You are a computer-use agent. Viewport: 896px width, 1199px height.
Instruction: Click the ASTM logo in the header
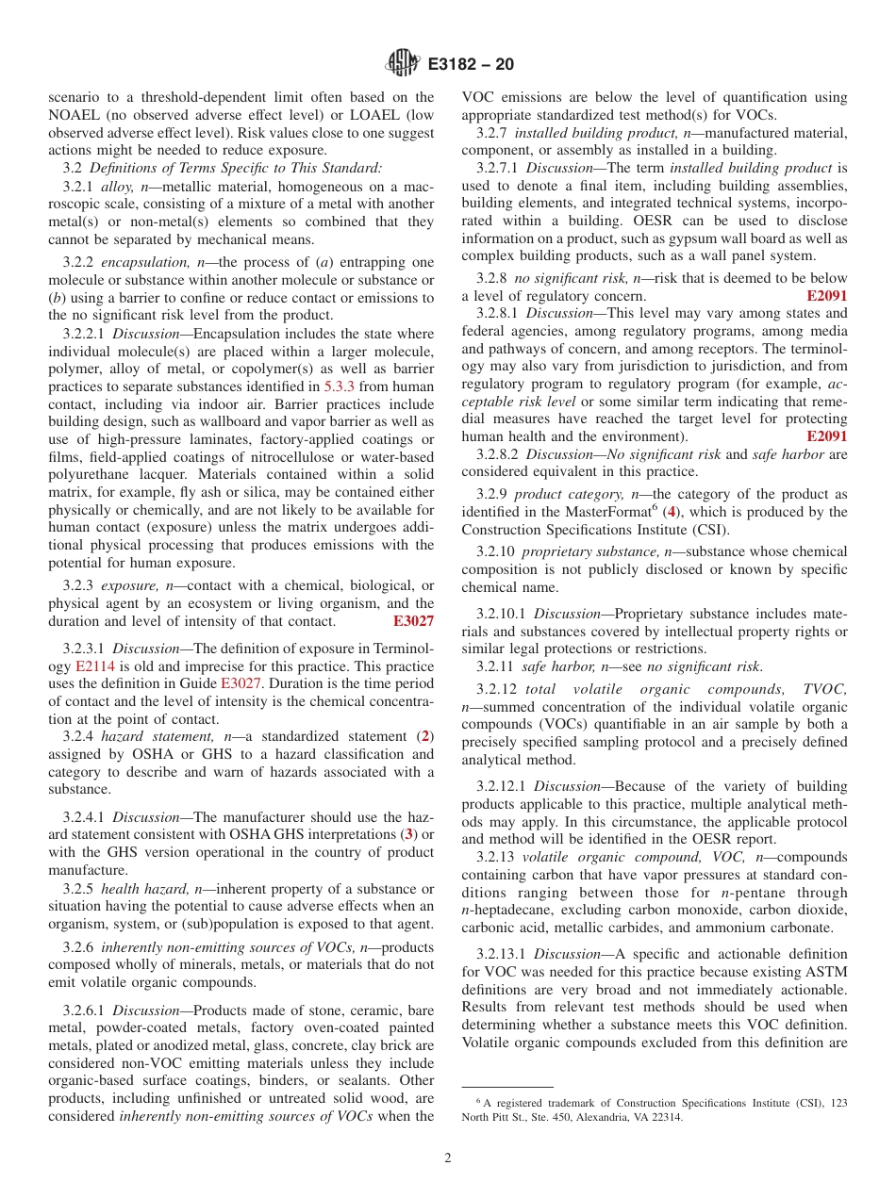click(x=404, y=64)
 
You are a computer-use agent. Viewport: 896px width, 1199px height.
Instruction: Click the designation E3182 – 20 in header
click(x=471, y=65)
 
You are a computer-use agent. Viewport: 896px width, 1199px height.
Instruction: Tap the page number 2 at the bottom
click(x=448, y=1158)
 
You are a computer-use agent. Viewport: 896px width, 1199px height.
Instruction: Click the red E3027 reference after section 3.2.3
click(x=413, y=621)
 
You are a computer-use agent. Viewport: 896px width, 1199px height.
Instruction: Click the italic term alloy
click(x=117, y=187)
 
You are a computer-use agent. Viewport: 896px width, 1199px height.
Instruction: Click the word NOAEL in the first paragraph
click(x=77, y=115)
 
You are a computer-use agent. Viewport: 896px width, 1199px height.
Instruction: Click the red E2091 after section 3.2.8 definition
click(x=827, y=295)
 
